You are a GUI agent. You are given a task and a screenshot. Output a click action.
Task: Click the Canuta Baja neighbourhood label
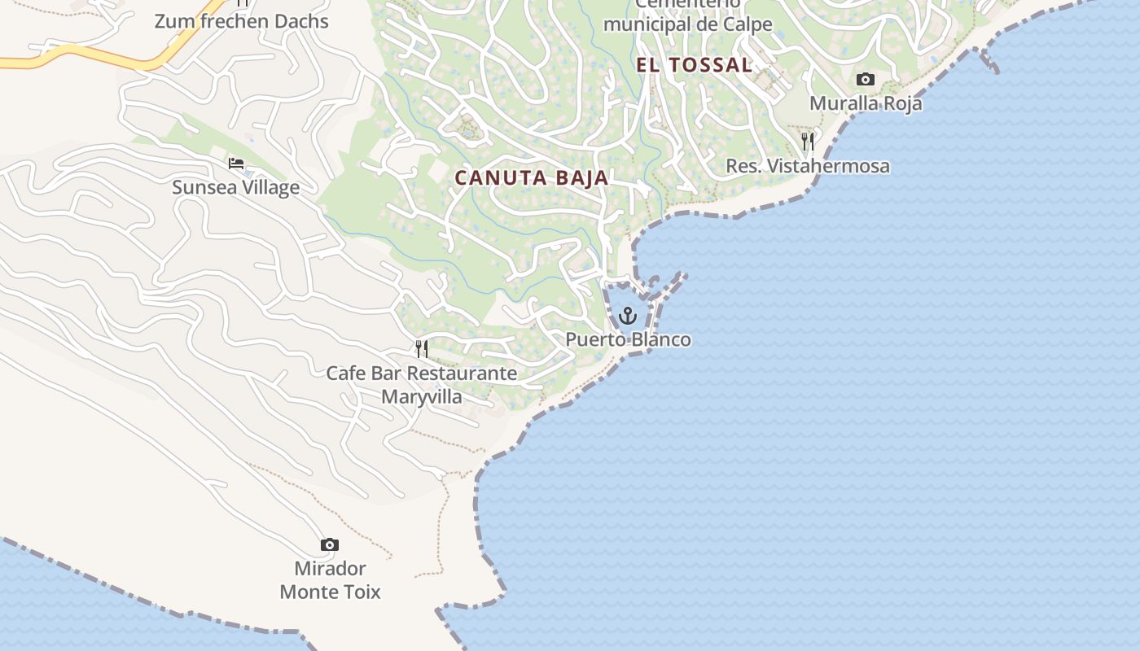(x=531, y=178)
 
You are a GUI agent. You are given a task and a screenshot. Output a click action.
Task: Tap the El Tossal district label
(x=694, y=66)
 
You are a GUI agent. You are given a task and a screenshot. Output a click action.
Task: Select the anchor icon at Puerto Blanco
(x=627, y=316)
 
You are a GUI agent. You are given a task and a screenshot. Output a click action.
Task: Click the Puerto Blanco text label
(x=629, y=340)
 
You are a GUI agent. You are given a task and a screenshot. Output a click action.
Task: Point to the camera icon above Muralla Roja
(x=866, y=80)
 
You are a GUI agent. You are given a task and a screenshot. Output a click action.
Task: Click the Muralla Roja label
(x=866, y=104)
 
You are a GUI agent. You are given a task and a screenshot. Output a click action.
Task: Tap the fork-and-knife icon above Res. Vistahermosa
(x=807, y=142)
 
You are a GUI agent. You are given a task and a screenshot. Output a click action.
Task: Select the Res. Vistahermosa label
(x=808, y=167)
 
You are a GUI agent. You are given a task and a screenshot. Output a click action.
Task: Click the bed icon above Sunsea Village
(x=236, y=164)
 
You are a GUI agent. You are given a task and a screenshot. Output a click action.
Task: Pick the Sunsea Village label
(x=236, y=188)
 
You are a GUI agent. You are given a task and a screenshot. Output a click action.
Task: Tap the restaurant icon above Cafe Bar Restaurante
(x=422, y=349)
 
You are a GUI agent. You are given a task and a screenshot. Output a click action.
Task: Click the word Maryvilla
(x=422, y=397)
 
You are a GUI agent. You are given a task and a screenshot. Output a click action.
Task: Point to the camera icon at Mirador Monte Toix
(x=330, y=544)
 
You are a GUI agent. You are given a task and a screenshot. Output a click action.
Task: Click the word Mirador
(x=330, y=568)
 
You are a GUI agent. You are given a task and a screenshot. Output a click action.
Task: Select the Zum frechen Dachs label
(x=242, y=22)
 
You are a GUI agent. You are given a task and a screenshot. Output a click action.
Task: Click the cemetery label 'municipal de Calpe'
(x=688, y=24)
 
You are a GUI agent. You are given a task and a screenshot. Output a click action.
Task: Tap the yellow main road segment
(x=122, y=59)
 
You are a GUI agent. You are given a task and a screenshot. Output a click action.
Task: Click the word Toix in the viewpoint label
(x=360, y=592)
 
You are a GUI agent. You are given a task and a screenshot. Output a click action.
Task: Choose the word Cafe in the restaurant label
(x=346, y=374)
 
